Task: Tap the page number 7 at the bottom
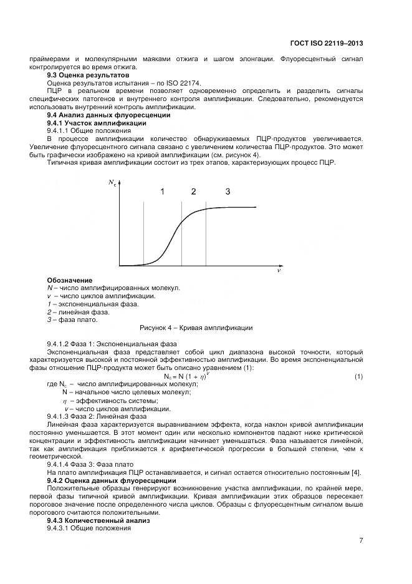(x=361, y=540)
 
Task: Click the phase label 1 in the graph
(x=162, y=192)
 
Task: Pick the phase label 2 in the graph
(x=193, y=192)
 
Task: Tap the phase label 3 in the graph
(x=228, y=192)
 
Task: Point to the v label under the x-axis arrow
(x=279, y=271)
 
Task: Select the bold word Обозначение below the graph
(x=70, y=280)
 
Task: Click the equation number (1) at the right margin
(x=358, y=376)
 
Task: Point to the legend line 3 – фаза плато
(x=72, y=320)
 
